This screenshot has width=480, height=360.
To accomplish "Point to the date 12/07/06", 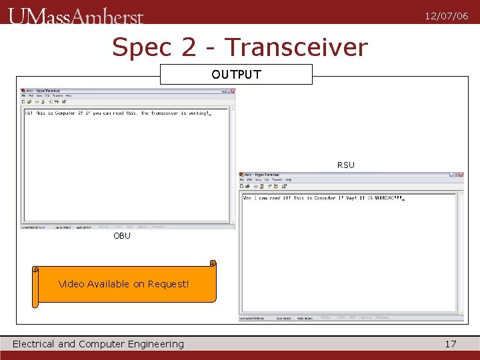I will click(x=446, y=16).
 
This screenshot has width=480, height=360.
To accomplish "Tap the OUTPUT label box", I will click(x=236, y=74).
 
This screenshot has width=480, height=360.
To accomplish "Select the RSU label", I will click(x=345, y=165).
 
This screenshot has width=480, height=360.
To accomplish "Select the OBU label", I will click(x=122, y=235).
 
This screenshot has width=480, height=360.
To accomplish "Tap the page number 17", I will click(x=451, y=344).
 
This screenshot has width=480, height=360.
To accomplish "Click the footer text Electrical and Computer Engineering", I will click(x=98, y=344).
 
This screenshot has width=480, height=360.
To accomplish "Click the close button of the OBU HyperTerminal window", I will click(x=231, y=91).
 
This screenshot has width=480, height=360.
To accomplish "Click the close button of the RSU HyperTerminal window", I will click(x=460, y=175).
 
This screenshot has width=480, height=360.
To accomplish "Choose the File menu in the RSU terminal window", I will click(x=243, y=180).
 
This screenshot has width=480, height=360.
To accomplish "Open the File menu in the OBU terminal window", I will click(x=24, y=96).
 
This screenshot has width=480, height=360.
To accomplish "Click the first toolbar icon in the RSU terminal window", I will click(x=243, y=186).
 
